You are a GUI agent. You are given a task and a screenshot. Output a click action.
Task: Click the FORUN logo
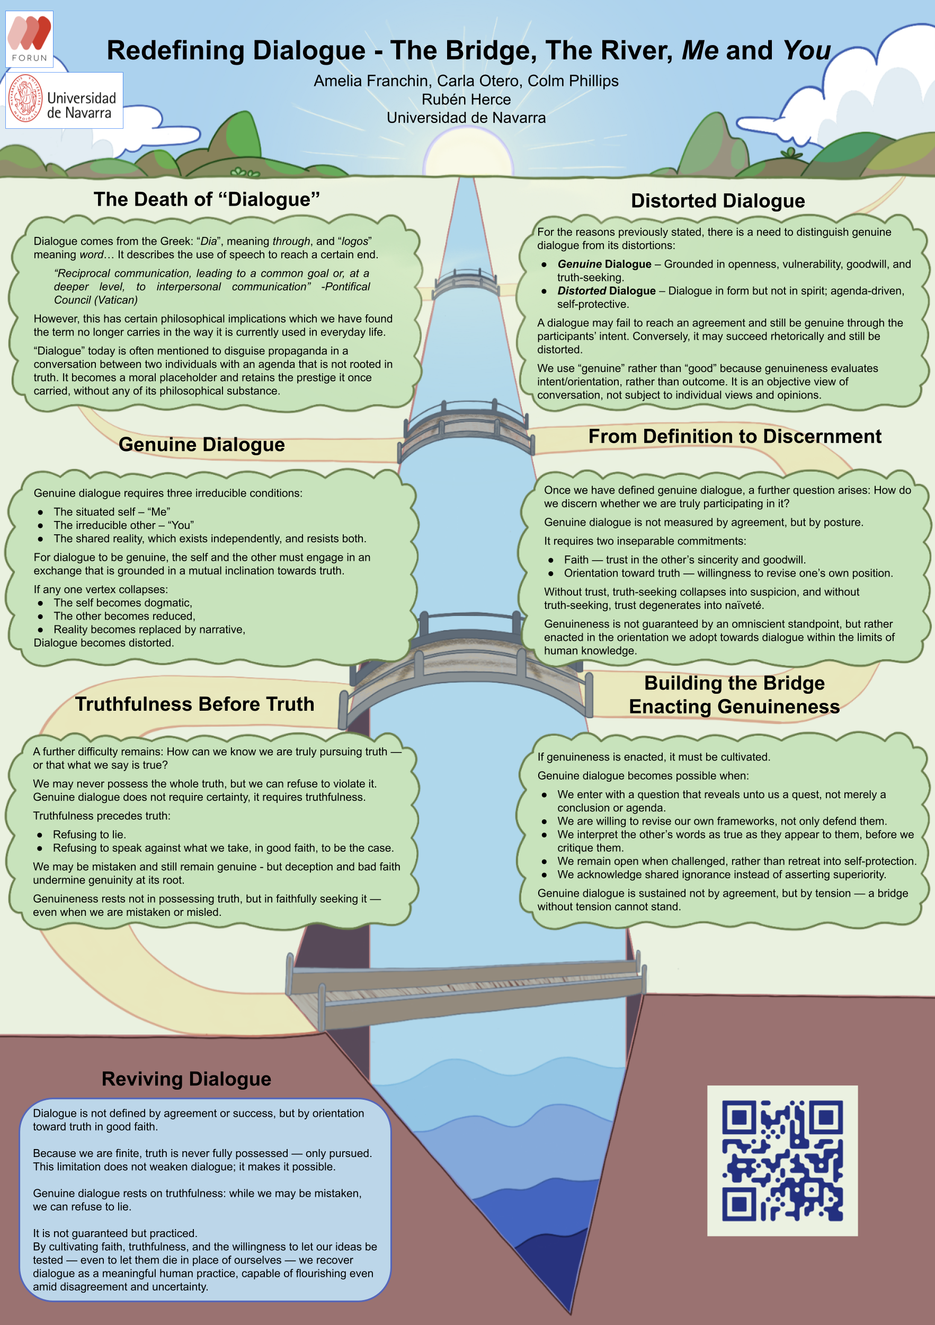pyautogui.click(x=30, y=39)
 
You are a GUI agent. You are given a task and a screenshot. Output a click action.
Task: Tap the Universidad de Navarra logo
pyautogui.click(x=64, y=100)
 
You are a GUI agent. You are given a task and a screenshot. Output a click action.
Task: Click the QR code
pyautogui.click(x=782, y=1161)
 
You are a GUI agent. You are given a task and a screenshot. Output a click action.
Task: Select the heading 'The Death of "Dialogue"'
pyautogui.click(x=207, y=199)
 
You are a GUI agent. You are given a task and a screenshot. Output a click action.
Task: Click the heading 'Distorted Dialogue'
pyautogui.click(x=718, y=200)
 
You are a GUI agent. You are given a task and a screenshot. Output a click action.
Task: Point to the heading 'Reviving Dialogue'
pyautogui.click(x=186, y=1079)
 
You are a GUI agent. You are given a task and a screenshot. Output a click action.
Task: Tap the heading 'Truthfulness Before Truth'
pyautogui.click(x=195, y=704)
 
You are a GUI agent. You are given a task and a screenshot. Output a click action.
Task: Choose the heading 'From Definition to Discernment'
pyautogui.click(x=735, y=436)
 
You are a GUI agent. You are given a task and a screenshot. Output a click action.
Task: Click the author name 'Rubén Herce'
pyautogui.click(x=466, y=99)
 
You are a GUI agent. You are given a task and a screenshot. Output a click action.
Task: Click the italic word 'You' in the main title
pyautogui.click(x=807, y=50)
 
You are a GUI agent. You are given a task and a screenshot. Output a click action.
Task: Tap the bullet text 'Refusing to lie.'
pyautogui.click(x=90, y=834)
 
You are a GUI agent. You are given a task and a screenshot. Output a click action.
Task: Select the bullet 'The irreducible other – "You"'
pyautogui.click(x=123, y=525)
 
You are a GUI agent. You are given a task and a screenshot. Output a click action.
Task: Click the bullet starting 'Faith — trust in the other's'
pyautogui.click(x=684, y=560)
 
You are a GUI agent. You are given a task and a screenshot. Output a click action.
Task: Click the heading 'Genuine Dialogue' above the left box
pyautogui.click(x=202, y=444)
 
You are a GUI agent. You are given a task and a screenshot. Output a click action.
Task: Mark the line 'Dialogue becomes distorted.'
pyautogui.click(x=104, y=643)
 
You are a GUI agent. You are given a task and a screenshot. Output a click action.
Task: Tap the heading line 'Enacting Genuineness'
pyautogui.click(x=734, y=706)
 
